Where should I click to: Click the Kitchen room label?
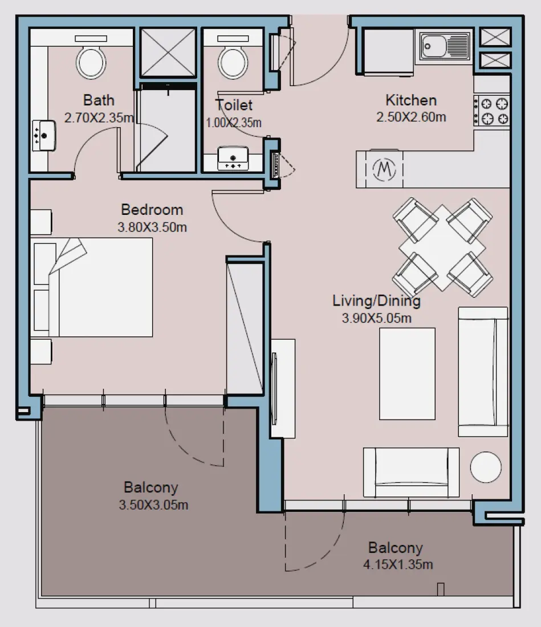point(410,101)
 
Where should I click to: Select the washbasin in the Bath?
point(43,135)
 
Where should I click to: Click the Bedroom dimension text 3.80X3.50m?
point(152,227)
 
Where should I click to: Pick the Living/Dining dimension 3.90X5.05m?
point(376,318)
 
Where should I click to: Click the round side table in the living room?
point(485,467)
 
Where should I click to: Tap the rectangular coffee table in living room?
point(408,374)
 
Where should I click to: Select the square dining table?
point(442,248)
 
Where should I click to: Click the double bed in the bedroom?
point(94,287)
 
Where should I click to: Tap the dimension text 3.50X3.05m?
point(154,505)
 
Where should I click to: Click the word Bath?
point(99,100)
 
